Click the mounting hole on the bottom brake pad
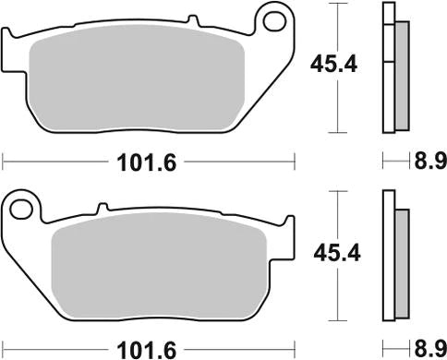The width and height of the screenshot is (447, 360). click(19, 210)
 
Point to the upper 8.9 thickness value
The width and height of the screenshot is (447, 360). click(428, 162)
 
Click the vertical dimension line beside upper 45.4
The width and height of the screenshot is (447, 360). click(344, 102)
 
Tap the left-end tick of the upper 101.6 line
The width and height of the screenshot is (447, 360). click(4, 162)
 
